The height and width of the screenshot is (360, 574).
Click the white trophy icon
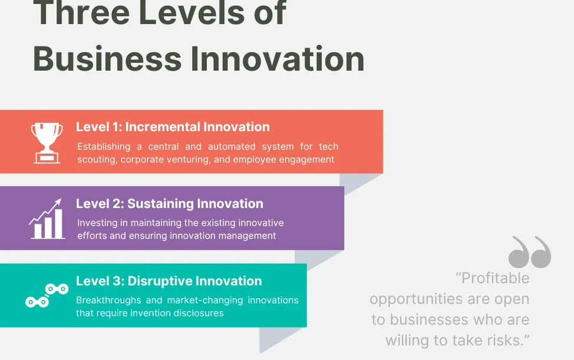click(x=47, y=143)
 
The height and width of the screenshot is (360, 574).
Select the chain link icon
click(x=47, y=295)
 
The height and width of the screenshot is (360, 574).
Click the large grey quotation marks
click(x=530, y=252)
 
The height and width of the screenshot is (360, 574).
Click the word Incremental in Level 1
click(x=163, y=127)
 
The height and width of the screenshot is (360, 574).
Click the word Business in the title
click(x=107, y=59)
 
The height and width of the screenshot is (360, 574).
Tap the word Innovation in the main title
click(x=278, y=59)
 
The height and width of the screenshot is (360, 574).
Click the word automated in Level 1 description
click(x=232, y=146)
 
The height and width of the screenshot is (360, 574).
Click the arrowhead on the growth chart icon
click(x=58, y=202)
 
